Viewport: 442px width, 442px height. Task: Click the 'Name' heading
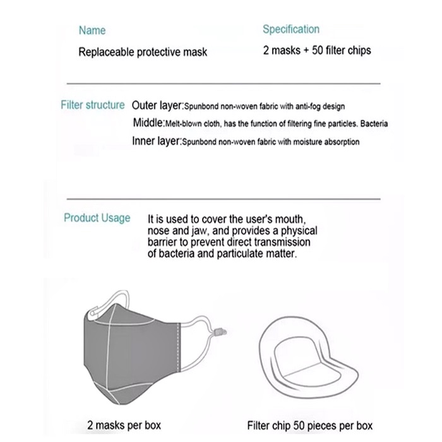click(92, 30)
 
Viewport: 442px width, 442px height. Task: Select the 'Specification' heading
click(291, 29)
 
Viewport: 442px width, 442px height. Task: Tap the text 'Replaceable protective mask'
click(143, 52)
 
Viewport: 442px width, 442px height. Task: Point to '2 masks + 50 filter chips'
click(317, 51)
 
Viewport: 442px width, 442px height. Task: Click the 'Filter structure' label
click(93, 105)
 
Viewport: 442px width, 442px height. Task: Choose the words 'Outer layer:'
click(158, 105)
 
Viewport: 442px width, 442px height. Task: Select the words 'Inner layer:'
click(157, 141)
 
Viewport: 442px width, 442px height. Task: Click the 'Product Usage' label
click(97, 218)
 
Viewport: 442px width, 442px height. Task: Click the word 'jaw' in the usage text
click(193, 231)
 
